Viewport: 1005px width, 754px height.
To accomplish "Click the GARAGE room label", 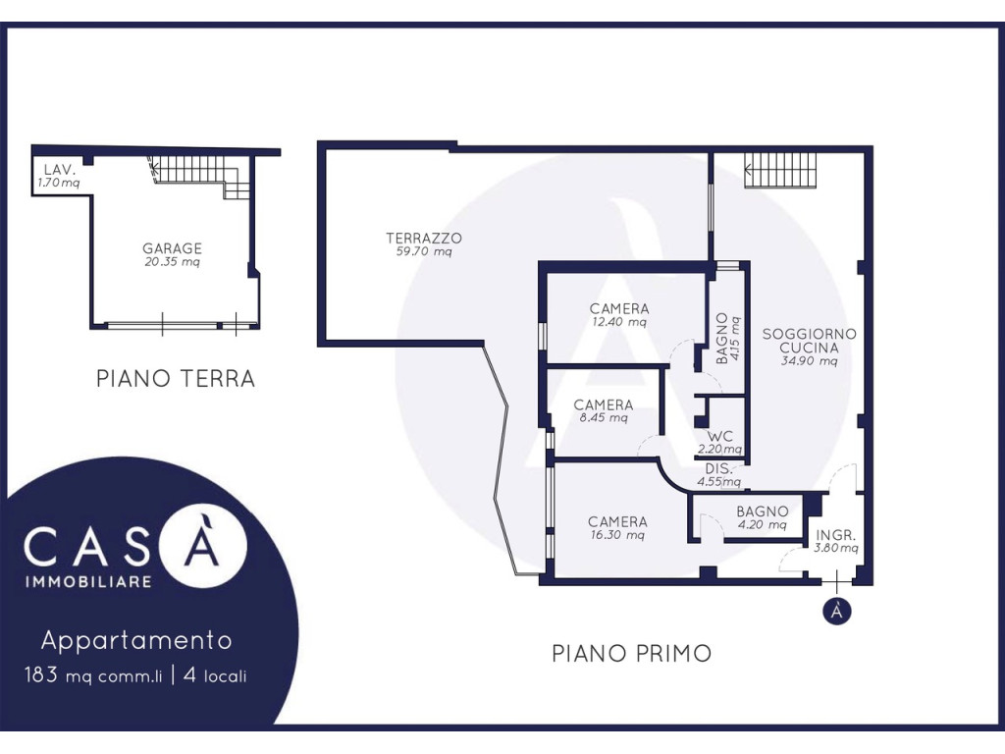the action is (x=172, y=248).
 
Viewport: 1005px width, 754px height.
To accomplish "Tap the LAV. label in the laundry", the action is (x=60, y=170).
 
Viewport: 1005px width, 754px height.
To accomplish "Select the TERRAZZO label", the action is (x=424, y=238).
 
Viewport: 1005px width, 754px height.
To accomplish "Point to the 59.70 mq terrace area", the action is (x=424, y=251).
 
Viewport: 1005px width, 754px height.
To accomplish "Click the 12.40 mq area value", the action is (x=619, y=322).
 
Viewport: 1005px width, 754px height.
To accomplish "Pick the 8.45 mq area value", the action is (x=604, y=418).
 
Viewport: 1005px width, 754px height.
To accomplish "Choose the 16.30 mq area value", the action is (x=617, y=535).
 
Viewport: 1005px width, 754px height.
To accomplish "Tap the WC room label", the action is (x=719, y=437).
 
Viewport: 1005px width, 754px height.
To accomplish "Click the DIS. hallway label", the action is (x=717, y=468).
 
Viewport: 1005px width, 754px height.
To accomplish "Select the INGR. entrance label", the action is (x=836, y=535).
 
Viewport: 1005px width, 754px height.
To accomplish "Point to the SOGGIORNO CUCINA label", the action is (x=809, y=341).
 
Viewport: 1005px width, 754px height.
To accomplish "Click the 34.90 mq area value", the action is (x=809, y=361).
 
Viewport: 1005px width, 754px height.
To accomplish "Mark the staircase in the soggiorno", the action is (x=780, y=170).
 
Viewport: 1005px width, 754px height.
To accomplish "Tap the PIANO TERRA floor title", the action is (x=176, y=378).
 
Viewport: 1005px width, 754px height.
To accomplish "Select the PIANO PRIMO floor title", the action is (x=631, y=653).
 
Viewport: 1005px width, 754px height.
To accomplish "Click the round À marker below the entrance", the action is (x=836, y=611).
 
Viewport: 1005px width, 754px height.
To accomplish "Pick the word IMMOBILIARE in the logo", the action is (x=88, y=581).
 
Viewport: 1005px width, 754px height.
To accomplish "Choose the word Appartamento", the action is (x=136, y=640).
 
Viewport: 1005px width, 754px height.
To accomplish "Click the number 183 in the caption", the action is (x=41, y=674).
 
